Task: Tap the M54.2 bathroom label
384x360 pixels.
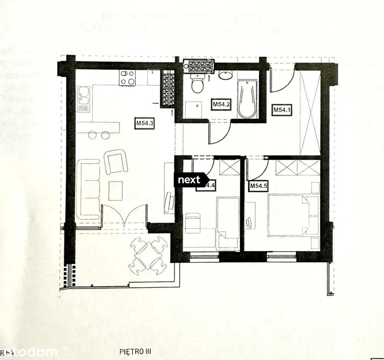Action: (x=222, y=105)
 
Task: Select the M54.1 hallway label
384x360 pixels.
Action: (x=283, y=110)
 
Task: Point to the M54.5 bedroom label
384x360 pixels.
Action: (x=259, y=186)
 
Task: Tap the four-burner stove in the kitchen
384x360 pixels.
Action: (x=127, y=78)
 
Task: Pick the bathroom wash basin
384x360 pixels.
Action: (x=225, y=75)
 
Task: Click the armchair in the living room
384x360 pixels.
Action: (x=116, y=161)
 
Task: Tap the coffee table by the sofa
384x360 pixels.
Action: (x=116, y=190)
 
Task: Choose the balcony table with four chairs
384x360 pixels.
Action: (x=149, y=255)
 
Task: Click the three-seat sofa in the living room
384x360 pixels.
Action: (x=90, y=189)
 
